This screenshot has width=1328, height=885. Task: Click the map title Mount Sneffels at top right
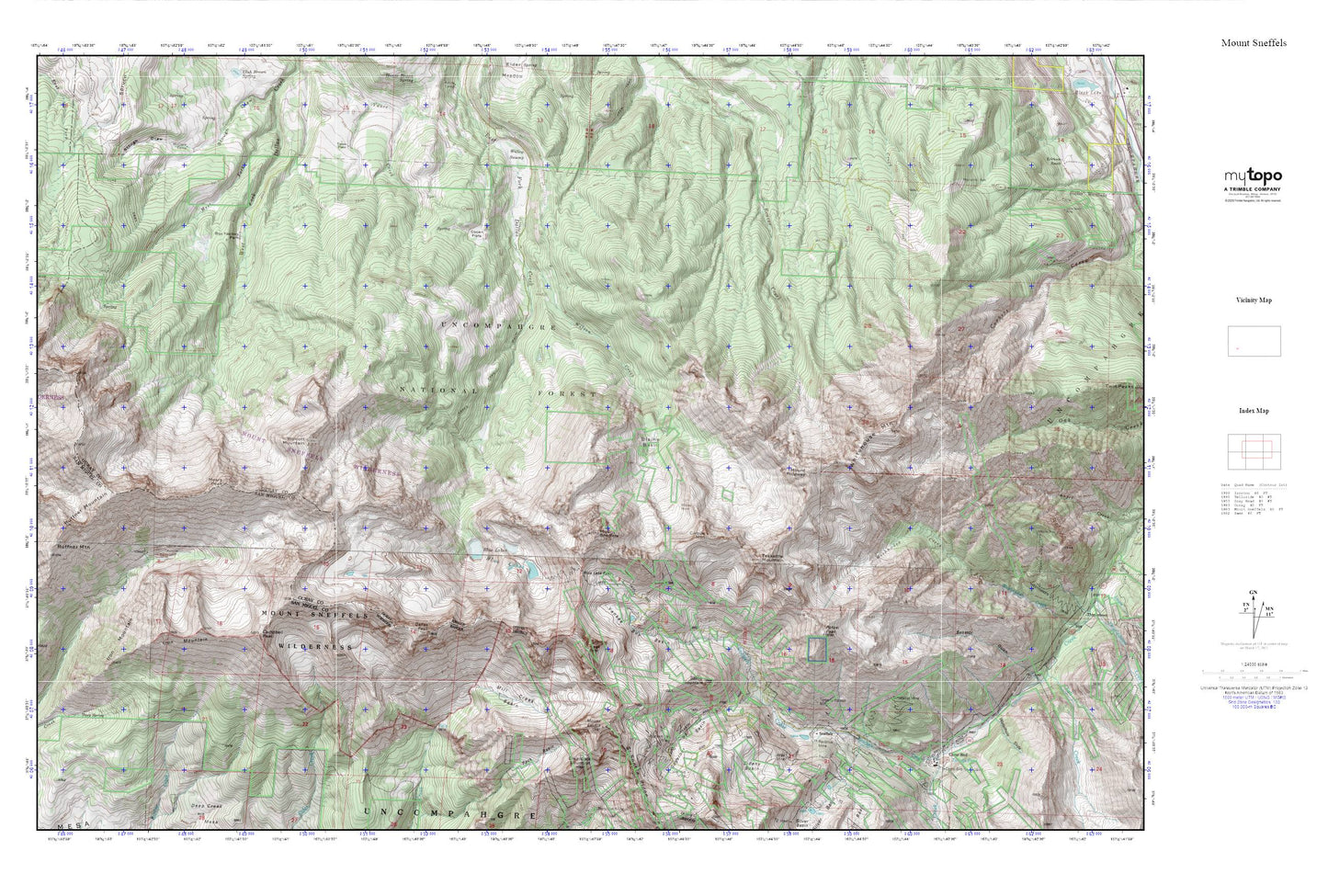[1254, 43]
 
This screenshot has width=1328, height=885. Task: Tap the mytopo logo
[1252, 176]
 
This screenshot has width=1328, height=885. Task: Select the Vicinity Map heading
[1254, 300]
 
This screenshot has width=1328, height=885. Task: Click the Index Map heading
[1254, 411]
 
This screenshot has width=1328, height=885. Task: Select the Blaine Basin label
[651, 443]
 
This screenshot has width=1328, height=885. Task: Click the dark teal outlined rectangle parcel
[816, 649]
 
